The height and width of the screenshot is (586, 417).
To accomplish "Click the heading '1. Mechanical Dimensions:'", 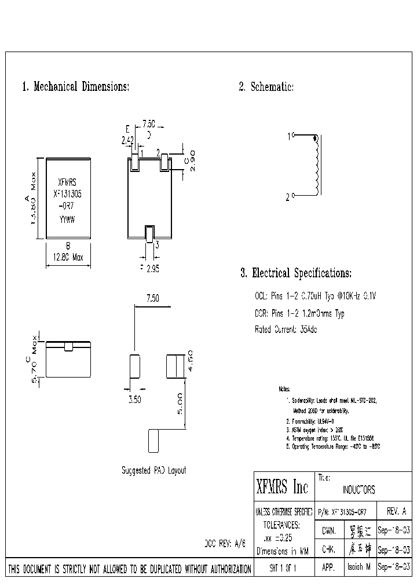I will [75, 87].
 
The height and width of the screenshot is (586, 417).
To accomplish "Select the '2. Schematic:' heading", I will [266, 87].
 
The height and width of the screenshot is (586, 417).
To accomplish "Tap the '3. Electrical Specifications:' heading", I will [296, 273].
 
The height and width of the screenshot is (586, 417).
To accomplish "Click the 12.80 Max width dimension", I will [68, 258].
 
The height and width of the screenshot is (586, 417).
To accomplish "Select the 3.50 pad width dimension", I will [134, 399].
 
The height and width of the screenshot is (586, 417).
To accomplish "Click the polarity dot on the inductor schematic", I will [315, 138].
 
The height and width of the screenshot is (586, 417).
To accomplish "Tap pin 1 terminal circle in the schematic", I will [294, 135].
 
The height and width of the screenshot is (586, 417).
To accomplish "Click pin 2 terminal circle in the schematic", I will [294, 197].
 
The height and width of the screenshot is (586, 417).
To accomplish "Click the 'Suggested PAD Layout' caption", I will [153, 471].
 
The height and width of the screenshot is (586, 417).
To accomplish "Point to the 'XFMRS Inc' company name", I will [282, 488].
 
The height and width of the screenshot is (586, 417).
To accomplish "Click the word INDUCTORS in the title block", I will [359, 490].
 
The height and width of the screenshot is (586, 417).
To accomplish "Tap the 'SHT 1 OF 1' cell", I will [283, 569].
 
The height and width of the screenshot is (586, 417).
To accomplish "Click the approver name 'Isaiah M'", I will [359, 569].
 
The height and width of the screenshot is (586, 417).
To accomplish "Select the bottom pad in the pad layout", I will [153, 441].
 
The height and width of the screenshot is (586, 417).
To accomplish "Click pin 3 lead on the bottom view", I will [149, 235].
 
